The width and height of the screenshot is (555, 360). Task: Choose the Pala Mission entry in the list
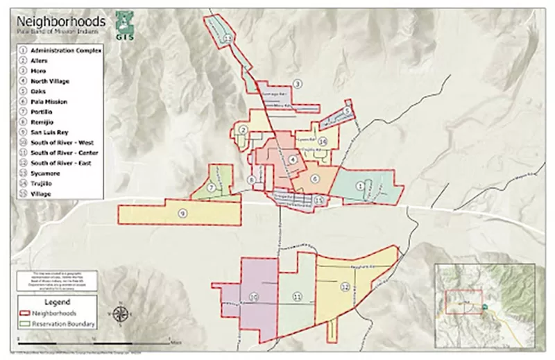(49, 101)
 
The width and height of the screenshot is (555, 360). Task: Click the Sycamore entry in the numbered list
(45, 173)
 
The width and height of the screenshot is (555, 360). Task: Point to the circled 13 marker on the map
(228, 40)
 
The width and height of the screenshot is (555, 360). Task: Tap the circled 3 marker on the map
(297, 84)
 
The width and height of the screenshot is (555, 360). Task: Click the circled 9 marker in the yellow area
(182, 213)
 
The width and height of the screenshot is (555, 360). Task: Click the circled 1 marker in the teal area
(360, 185)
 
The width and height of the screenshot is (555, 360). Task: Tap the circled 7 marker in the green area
(210, 188)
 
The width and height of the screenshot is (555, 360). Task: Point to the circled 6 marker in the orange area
(314, 179)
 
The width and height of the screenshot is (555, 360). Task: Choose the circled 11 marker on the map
(297, 297)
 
